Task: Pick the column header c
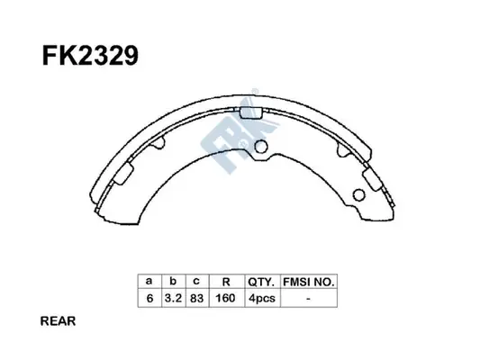pyautogui.click(x=195, y=281)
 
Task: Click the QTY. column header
pyautogui.click(x=261, y=281)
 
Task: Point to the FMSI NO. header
pyautogui.click(x=309, y=281)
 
